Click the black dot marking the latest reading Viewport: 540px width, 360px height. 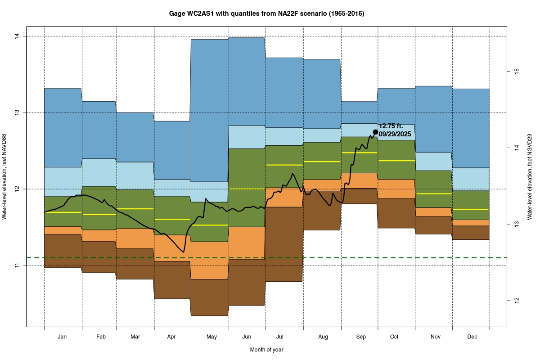(375, 131)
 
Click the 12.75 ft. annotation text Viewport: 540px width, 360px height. (391, 126)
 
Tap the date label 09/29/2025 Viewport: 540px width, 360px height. (395, 134)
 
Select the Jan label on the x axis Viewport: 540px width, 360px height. (63, 337)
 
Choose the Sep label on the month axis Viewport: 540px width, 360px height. (360, 337)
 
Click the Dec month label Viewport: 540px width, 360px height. (472, 337)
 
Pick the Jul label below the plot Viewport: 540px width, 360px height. (280, 337)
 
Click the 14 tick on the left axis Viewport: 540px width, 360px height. (17, 36)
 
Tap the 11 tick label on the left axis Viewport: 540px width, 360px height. (17, 265)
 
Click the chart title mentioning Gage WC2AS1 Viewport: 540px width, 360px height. (267, 13)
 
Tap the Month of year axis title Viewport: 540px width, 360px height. (267, 350)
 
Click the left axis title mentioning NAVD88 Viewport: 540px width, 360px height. (4, 177)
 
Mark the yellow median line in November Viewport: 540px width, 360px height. (433, 194)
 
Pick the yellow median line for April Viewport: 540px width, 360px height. (172, 219)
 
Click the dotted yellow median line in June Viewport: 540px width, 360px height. (247, 189)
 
